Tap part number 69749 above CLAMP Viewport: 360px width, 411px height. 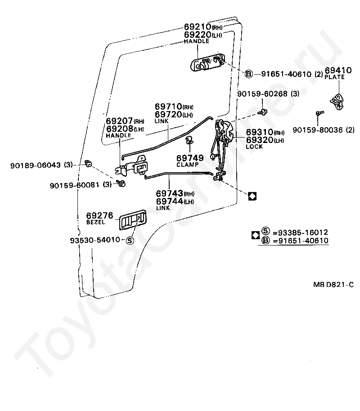tap(189, 158)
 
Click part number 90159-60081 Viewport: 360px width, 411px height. tap(75, 184)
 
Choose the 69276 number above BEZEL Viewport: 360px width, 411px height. tap(99, 216)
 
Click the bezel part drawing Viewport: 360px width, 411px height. tap(132, 220)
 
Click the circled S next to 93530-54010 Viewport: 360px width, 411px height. tap(130, 240)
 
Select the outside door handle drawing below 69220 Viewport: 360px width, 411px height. tap(207, 63)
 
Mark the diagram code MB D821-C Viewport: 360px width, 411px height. tap(333, 285)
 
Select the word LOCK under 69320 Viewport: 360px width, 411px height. tap(254, 147)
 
